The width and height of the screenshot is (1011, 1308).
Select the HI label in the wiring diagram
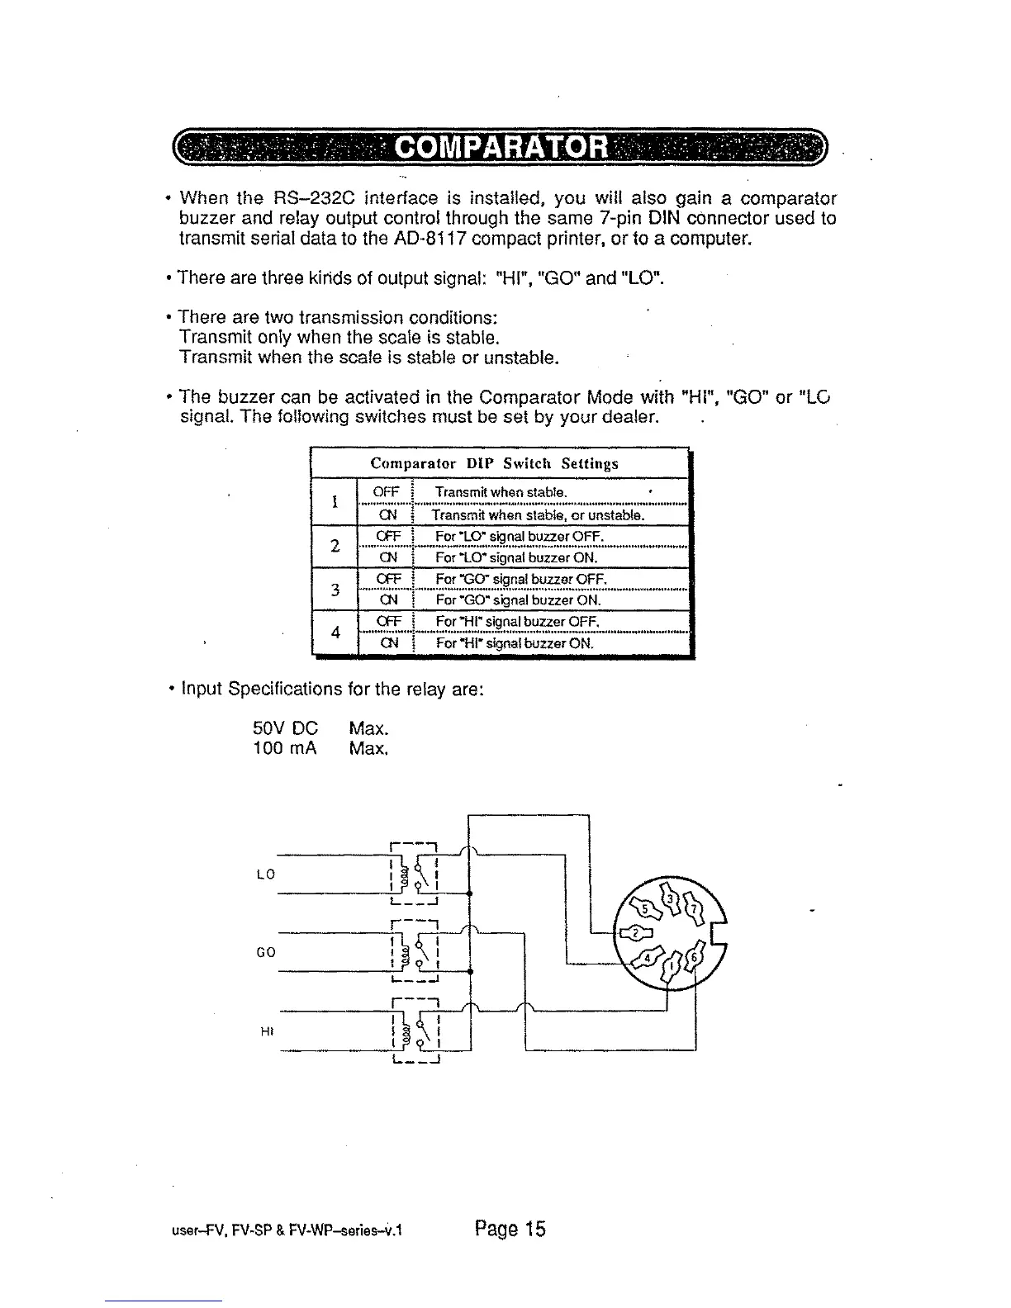tap(266, 1031)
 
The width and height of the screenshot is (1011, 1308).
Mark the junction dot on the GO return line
tap(469, 972)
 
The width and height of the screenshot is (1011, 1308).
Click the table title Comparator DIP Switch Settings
tap(494, 463)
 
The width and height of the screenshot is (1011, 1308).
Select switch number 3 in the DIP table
tap(335, 589)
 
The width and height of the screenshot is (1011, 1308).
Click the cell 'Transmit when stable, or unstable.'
tap(538, 515)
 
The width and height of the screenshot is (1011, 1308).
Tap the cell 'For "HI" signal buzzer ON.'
tap(515, 642)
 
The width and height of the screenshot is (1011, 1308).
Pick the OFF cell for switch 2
tap(387, 537)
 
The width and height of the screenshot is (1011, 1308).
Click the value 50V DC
tap(284, 729)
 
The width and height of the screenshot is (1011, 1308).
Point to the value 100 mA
tap(284, 749)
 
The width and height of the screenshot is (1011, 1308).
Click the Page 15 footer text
tap(510, 1230)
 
